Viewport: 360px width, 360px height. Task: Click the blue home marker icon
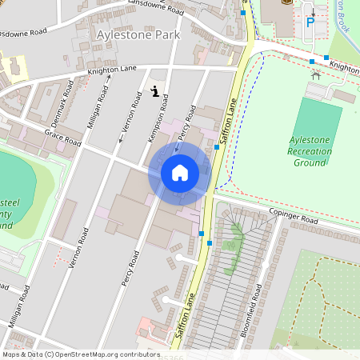(x=180, y=172)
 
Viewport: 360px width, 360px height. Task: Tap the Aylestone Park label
(x=138, y=35)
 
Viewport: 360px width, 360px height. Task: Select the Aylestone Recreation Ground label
(x=310, y=151)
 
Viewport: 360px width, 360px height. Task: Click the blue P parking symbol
(x=310, y=22)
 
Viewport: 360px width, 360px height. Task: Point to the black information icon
(x=154, y=91)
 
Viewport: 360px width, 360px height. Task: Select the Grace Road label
(x=63, y=138)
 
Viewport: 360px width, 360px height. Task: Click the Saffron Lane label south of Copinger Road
(x=182, y=319)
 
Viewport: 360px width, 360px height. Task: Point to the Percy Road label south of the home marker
(x=130, y=266)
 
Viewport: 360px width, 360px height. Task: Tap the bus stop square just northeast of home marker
(x=217, y=146)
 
